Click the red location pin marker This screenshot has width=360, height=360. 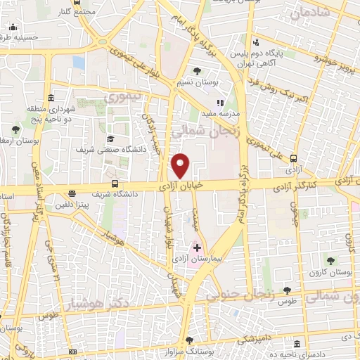(x=181, y=165)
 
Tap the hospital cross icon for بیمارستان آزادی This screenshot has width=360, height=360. (x=197, y=247)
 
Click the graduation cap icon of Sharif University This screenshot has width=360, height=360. (x=110, y=138)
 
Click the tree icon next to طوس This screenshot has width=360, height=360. (x=286, y=290)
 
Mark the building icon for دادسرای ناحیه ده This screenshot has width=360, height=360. (x=299, y=345)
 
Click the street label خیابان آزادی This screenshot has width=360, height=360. (x=182, y=186)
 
